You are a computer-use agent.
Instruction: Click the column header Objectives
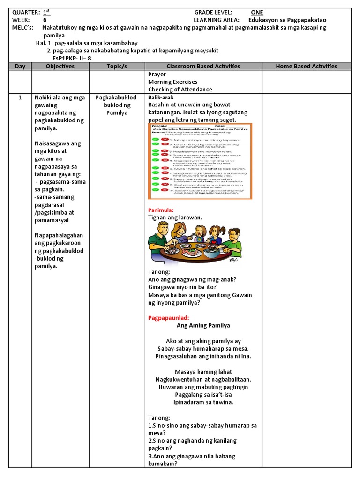point(60,66)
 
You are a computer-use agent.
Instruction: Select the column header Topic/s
point(117,66)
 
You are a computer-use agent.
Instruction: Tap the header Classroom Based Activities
point(203,66)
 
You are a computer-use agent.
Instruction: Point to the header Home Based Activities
point(307,66)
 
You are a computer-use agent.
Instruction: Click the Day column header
point(20,66)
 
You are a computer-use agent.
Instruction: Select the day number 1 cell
point(20,97)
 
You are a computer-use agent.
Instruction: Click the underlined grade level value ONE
point(257,12)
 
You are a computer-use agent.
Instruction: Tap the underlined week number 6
point(45,20)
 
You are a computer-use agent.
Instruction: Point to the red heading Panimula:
point(161,210)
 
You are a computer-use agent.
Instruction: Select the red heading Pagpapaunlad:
point(168,317)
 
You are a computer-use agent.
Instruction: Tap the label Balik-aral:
point(161,97)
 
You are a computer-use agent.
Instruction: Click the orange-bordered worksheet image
point(201,160)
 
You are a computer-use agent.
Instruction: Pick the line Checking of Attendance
point(180,89)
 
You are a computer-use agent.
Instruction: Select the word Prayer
point(157,74)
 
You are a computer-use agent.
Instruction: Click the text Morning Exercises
point(172,82)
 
